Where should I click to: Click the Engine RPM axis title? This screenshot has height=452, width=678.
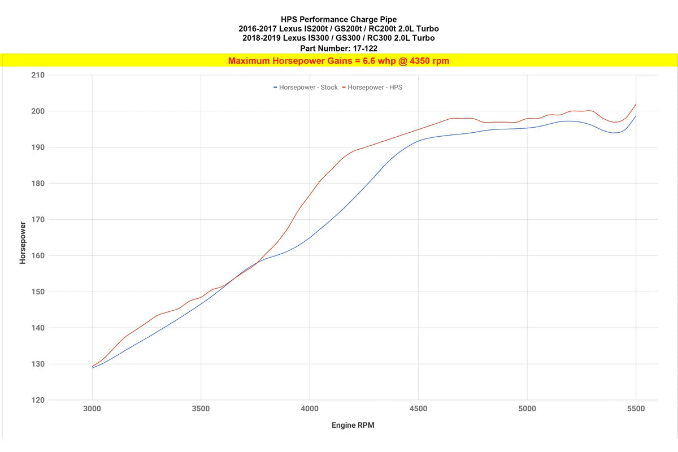pyautogui.click(x=353, y=425)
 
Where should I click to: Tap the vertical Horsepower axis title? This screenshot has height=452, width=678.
pyautogui.click(x=23, y=243)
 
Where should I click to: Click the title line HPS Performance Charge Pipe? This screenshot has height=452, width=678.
pyautogui.click(x=338, y=20)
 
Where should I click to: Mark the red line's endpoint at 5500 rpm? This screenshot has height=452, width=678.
pyautogui.click(x=636, y=104)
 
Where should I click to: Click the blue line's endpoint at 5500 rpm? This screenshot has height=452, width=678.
pyautogui.click(x=636, y=116)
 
